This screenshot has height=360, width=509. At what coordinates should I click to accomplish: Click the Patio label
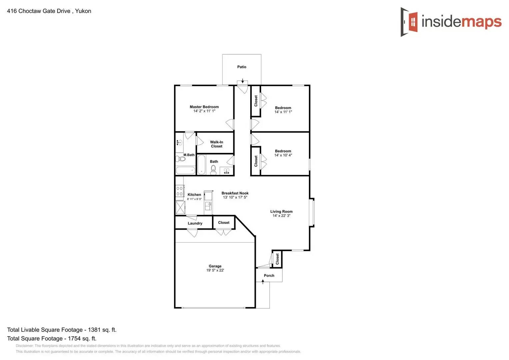pos(242,67)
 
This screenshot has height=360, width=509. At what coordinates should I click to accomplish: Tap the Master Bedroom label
pos(204,107)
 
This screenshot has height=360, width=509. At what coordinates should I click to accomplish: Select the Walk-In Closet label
pos(217,144)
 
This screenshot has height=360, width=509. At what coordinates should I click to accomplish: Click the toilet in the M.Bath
pos(180,159)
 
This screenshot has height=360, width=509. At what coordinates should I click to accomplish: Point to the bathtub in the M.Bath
pos(185,170)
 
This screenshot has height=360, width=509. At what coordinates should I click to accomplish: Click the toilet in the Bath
pos(213,169)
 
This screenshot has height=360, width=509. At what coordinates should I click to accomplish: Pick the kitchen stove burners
pos(179,191)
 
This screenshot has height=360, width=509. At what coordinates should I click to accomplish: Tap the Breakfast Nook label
pos(235,193)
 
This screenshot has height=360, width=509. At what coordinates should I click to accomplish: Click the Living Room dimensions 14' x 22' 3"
pos(281,216)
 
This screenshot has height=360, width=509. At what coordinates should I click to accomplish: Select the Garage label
pos(215,266)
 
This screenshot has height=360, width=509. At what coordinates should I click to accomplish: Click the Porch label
pos(269,276)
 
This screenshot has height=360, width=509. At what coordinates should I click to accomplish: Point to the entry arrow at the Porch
pos(263,282)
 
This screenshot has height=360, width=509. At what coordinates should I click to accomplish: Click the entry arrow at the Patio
pos(243,81)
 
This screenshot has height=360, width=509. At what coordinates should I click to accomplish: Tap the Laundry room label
pos(195,223)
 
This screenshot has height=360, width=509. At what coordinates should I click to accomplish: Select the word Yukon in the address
pos(83,11)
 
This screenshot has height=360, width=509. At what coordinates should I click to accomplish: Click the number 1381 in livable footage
pos(94,330)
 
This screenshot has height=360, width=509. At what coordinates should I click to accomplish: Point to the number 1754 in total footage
pos(74,338)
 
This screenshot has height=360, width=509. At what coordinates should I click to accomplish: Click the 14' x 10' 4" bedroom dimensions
pos(283,155)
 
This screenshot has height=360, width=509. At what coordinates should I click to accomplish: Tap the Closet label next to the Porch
pos(277,259)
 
